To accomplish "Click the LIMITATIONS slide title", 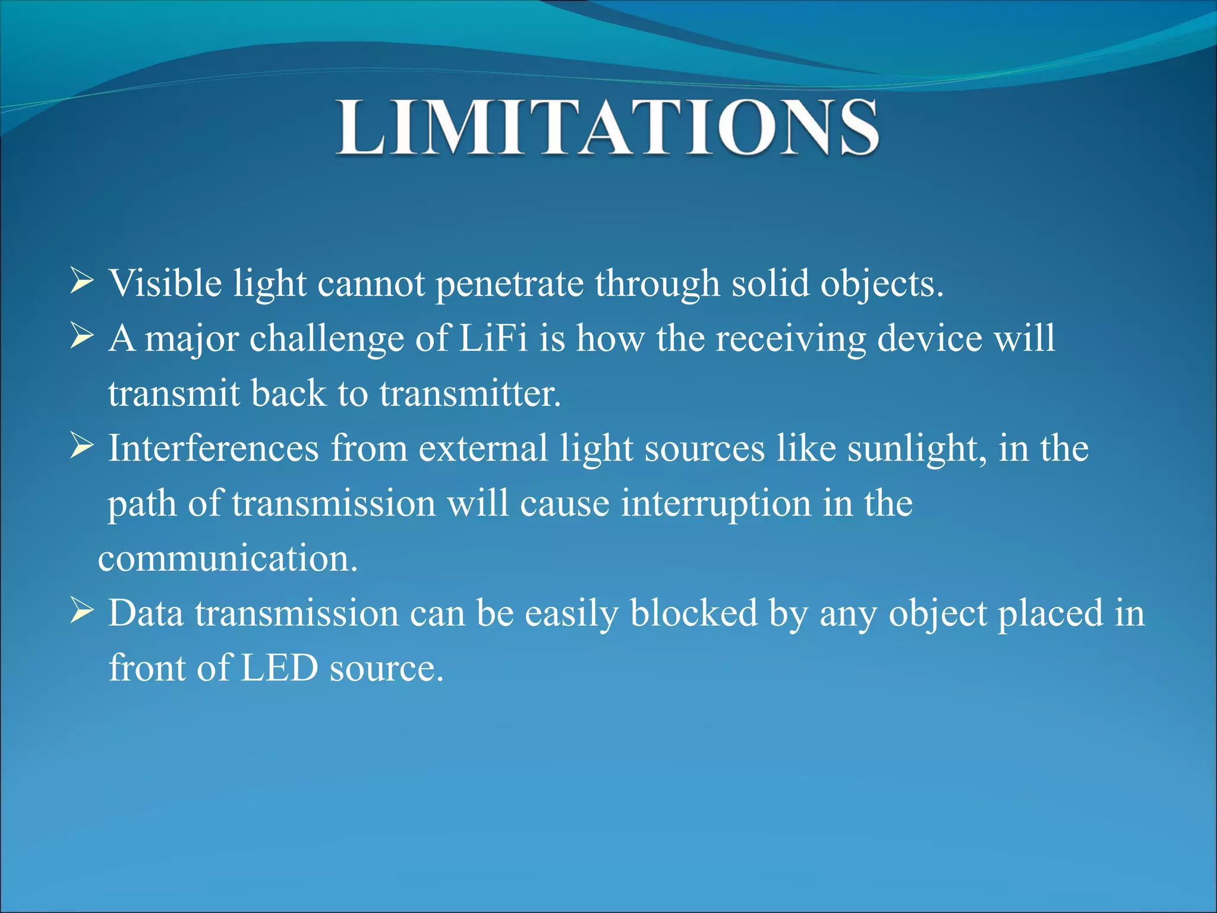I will point(607,128).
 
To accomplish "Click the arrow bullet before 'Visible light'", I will point(81,281).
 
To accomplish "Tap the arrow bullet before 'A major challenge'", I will point(81,336).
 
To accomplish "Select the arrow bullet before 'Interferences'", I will point(81,446).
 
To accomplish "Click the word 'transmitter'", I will point(469,393).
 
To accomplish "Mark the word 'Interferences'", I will point(213,448).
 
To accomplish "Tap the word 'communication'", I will point(227,559).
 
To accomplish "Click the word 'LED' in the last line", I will point(279,668).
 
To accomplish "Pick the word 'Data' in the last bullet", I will point(146,613).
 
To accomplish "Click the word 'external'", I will point(483,448).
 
